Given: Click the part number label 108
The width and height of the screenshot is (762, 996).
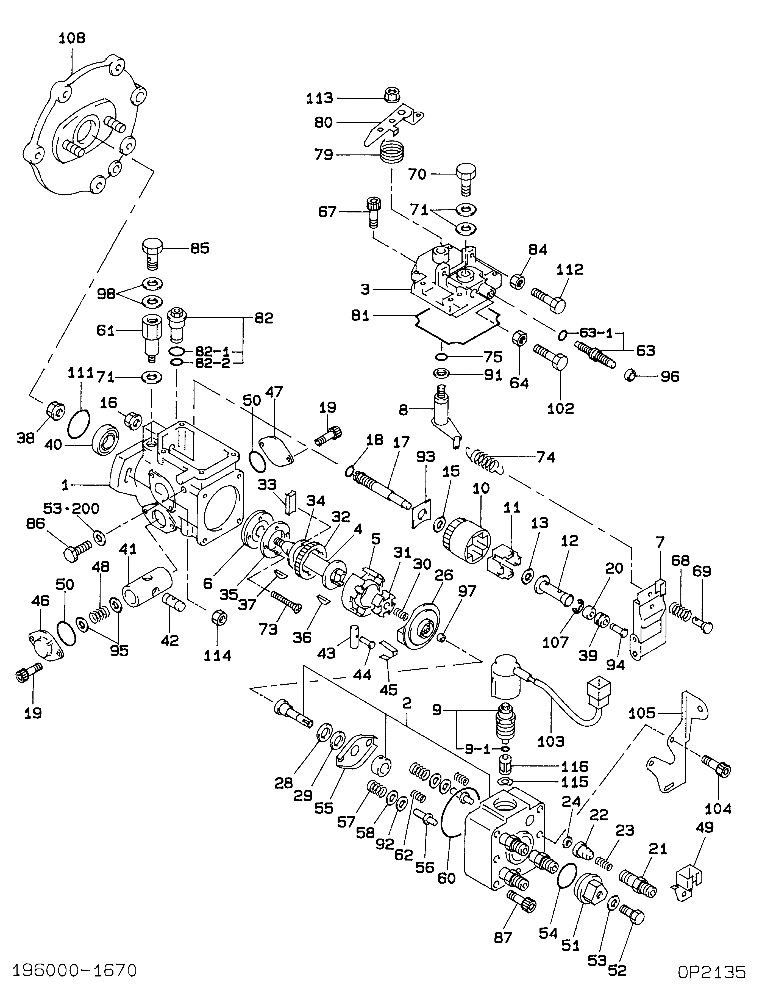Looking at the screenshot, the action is click(x=72, y=38).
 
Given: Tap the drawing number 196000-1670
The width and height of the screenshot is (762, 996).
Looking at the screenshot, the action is click(x=75, y=971).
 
